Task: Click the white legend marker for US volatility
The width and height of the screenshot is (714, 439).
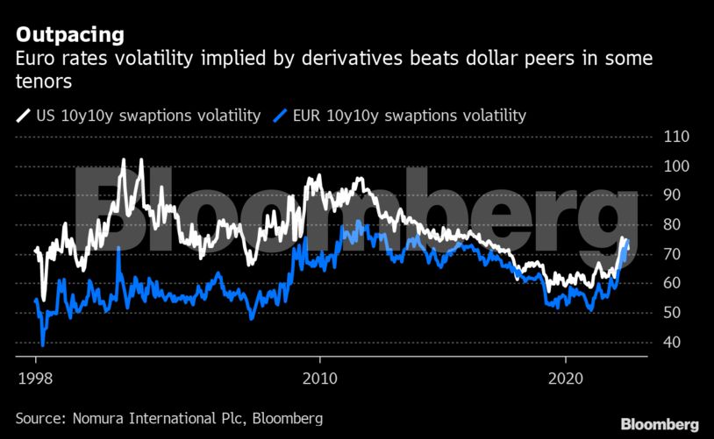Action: (22, 115)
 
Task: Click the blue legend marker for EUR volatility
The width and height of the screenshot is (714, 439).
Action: (281, 115)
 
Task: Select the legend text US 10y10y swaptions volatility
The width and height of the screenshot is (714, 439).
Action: (148, 115)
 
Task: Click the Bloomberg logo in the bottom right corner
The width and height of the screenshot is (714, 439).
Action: (660, 424)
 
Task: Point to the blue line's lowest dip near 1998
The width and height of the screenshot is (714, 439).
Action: (42, 344)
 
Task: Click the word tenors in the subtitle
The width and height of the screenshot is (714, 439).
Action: (43, 81)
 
